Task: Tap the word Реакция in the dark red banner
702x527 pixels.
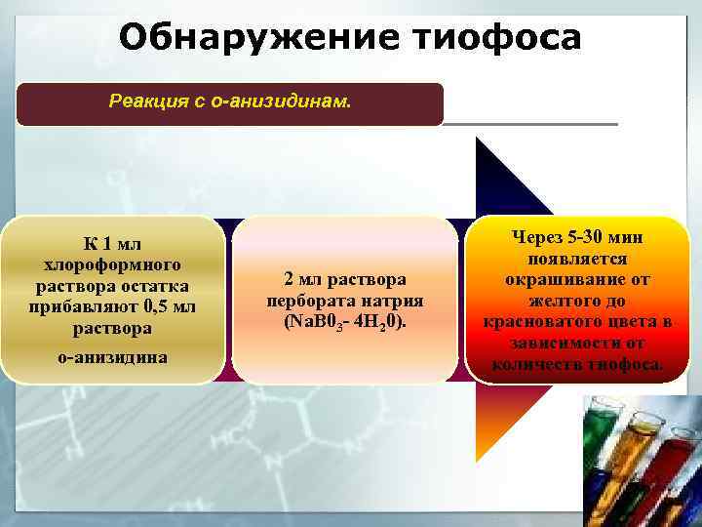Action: click(146, 101)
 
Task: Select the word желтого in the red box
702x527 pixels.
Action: click(563, 301)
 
